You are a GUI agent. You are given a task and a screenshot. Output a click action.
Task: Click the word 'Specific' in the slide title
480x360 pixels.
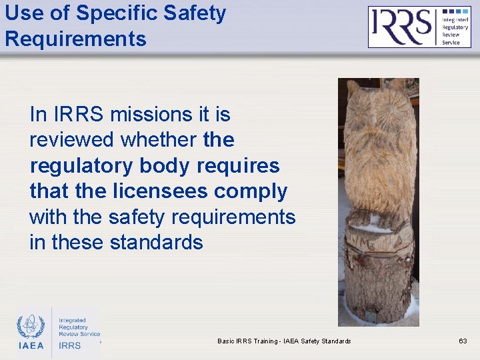click(x=118, y=13)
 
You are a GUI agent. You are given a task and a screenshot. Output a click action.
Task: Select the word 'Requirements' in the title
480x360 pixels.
click(x=75, y=39)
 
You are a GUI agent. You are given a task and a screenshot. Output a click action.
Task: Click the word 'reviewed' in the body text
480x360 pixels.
click(x=72, y=140)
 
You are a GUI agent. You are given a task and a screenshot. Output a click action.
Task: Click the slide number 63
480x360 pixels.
click(x=463, y=341)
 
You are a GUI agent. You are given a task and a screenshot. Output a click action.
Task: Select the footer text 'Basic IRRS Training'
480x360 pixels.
click(x=247, y=341)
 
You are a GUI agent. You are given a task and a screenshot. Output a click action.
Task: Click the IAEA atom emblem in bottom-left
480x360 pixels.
click(x=30, y=326)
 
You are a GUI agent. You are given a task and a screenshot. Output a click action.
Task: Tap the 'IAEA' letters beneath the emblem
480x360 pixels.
click(x=31, y=345)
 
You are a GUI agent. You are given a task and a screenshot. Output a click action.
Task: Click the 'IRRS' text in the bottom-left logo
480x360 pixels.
click(x=70, y=345)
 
